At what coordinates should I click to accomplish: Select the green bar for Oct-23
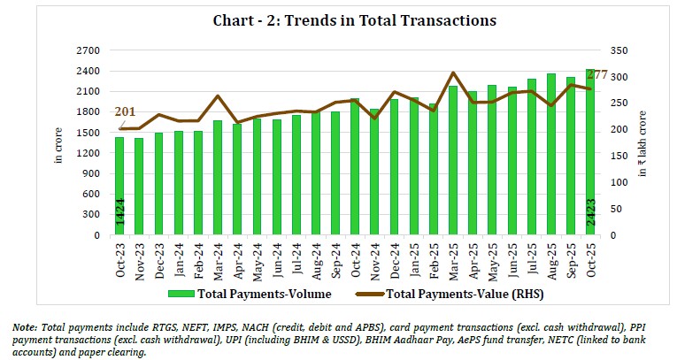click(x=119, y=186)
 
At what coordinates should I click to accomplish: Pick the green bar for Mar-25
click(x=452, y=160)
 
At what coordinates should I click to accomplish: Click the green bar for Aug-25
click(x=550, y=154)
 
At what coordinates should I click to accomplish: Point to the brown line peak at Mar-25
click(x=452, y=73)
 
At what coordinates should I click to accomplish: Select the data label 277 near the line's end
click(x=596, y=74)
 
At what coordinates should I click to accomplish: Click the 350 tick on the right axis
click(x=618, y=50)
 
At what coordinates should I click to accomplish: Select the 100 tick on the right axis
click(x=618, y=182)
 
